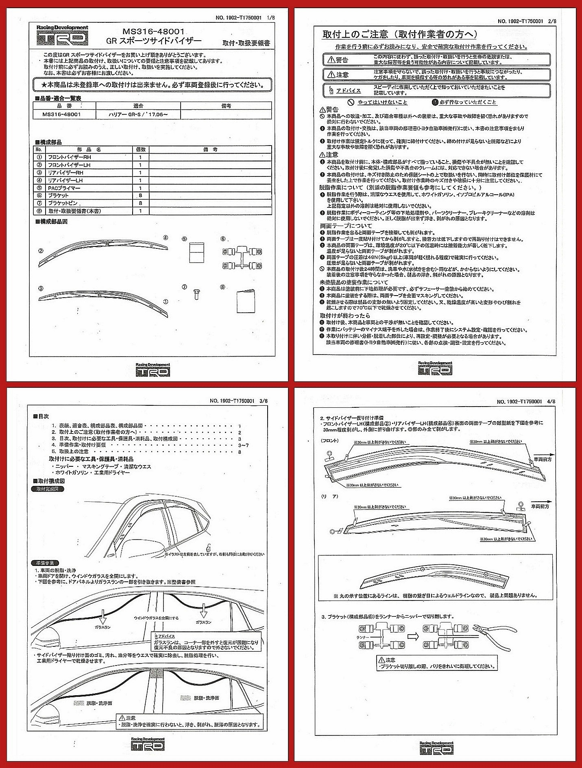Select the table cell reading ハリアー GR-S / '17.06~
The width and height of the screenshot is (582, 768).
pos(139,115)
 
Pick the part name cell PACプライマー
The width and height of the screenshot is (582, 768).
pos(64,188)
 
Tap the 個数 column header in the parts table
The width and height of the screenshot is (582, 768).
pos(140,150)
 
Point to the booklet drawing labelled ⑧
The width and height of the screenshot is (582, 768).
pos(246,301)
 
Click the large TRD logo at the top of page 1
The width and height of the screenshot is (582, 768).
pos(62,35)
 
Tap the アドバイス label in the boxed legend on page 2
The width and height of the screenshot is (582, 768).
pos(349,91)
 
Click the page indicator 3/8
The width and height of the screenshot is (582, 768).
pos(263,401)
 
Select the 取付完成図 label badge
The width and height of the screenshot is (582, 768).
pos(48,490)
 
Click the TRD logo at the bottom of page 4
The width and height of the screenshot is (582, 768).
pos(436,748)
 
